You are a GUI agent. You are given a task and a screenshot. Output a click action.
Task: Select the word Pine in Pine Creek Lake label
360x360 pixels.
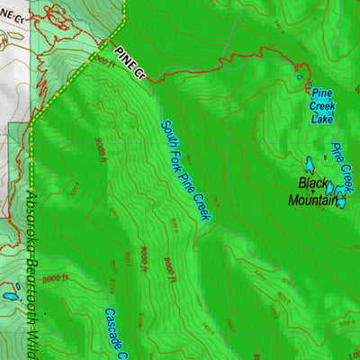(322, 93)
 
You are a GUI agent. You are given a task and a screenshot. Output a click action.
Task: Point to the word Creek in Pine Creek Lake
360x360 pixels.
(322, 105)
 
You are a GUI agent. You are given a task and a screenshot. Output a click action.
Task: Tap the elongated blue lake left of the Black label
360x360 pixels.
(309, 166)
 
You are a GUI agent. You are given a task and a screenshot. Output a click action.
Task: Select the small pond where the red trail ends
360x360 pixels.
(300, 77)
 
